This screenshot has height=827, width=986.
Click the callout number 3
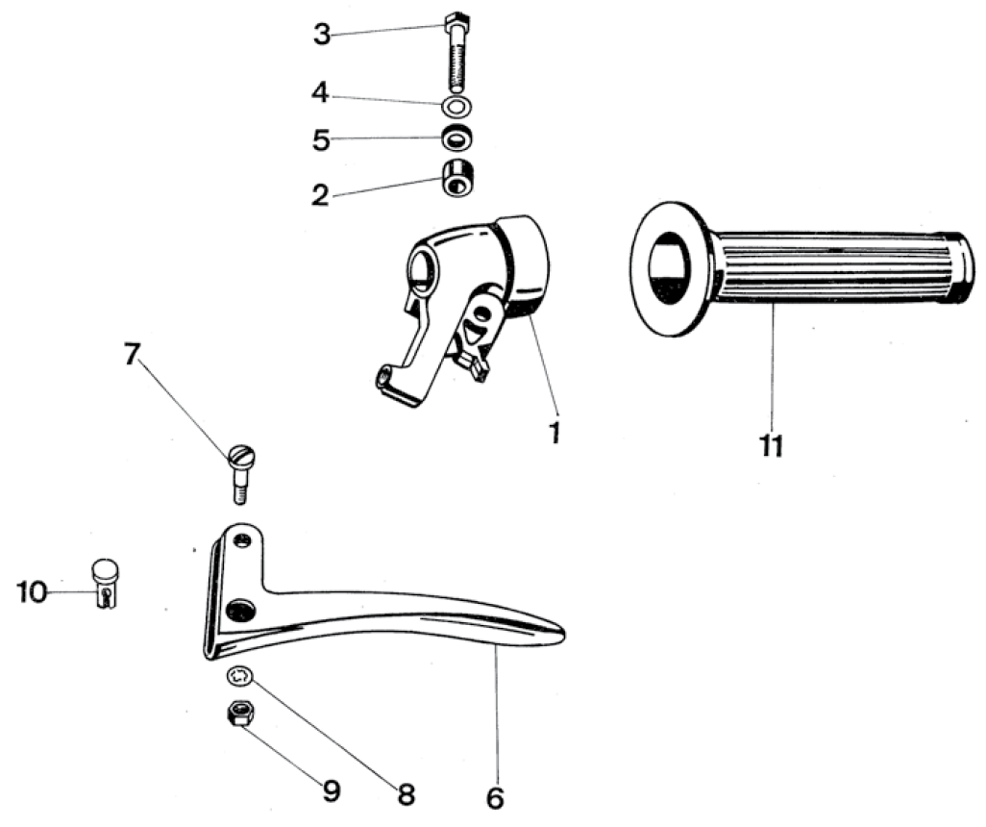[322, 35]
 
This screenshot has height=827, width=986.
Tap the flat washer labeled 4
[457, 107]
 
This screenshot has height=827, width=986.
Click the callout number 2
[321, 195]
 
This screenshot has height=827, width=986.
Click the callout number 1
[554, 433]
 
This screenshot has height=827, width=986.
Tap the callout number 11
[772, 445]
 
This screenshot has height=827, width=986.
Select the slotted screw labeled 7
[241, 473]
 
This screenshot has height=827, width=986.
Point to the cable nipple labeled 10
[106, 584]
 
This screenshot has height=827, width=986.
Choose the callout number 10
[32, 592]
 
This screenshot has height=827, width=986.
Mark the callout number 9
[332, 791]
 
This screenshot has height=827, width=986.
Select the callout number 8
[407, 795]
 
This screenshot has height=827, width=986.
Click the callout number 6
[495, 798]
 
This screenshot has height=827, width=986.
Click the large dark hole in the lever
[240, 610]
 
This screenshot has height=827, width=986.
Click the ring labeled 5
[457, 139]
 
